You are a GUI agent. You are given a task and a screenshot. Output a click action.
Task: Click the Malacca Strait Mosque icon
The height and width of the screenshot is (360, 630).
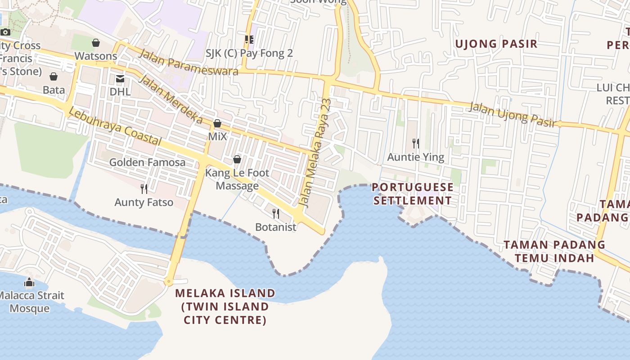(x=29, y=283)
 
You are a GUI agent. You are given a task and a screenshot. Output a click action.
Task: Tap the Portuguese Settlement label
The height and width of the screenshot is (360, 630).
(x=413, y=194)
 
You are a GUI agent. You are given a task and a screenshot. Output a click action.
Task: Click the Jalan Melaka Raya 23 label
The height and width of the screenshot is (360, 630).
(x=316, y=153)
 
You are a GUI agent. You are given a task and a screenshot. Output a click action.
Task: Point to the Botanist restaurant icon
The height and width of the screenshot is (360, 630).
(x=276, y=213)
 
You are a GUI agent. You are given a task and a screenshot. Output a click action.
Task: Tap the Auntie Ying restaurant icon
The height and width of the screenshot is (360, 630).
(x=416, y=144)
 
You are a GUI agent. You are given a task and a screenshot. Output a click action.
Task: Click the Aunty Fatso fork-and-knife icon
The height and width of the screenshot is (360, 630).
(x=144, y=189)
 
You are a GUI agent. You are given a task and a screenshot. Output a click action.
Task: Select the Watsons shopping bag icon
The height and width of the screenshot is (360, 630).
(x=96, y=43)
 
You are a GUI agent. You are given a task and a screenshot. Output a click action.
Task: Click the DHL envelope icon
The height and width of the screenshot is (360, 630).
(x=120, y=79)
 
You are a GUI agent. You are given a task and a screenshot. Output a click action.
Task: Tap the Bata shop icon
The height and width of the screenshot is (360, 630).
(x=54, y=76)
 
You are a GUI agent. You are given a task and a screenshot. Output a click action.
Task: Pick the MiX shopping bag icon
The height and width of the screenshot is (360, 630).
(x=217, y=123)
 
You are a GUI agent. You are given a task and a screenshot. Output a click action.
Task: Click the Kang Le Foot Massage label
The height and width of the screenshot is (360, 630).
(x=237, y=179)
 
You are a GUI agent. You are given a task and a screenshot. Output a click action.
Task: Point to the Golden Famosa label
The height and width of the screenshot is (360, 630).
(x=147, y=162)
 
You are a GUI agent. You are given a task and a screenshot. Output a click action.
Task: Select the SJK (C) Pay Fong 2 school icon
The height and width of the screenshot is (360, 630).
(x=249, y=40)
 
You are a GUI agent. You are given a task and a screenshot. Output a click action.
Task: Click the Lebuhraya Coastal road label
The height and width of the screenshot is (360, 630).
(x=115, y=128)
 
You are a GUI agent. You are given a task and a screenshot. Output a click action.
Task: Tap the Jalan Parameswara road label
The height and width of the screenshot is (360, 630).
(x=189, y=62)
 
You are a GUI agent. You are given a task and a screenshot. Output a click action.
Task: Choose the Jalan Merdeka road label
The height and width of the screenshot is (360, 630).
(x=171, y=99)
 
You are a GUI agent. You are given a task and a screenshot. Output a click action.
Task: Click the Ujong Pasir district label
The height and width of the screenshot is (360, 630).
(x=496, y=44)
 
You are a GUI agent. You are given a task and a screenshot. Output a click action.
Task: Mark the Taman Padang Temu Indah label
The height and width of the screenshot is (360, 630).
(x=554, y=252)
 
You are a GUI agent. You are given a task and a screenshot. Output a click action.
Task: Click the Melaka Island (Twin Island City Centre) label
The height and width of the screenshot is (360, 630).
(x=225, y=306)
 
